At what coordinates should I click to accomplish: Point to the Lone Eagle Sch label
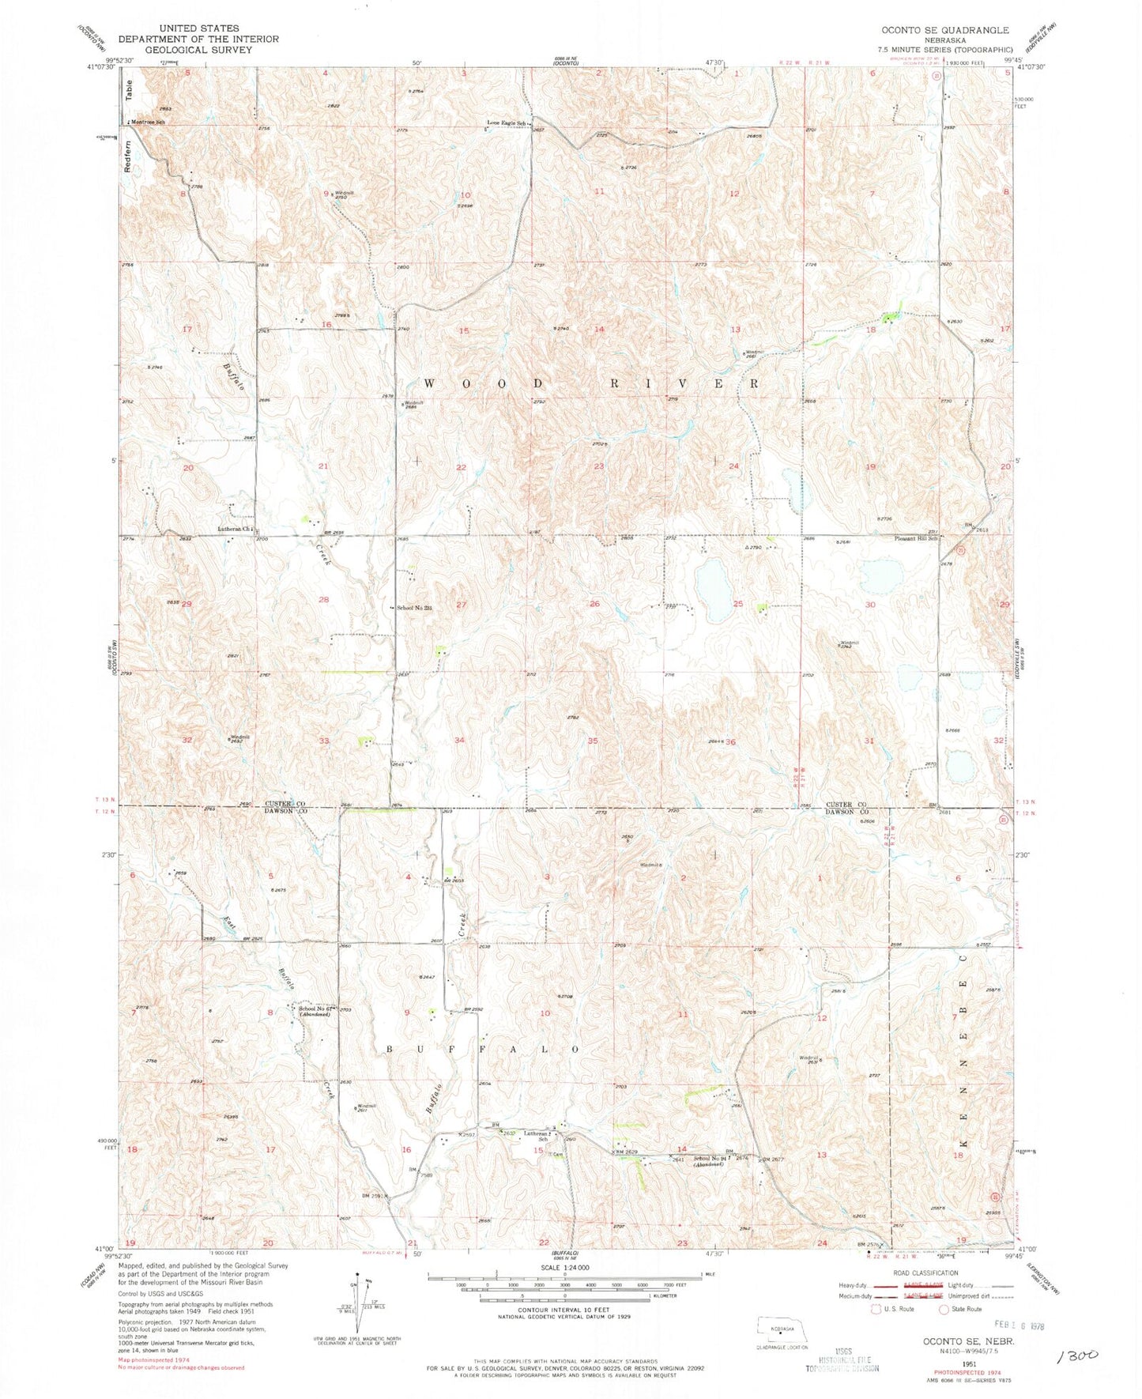point(506,123)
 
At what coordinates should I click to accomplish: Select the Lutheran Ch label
point(234,530)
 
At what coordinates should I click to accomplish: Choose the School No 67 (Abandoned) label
point(316,1011)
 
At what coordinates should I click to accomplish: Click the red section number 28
point(323,600)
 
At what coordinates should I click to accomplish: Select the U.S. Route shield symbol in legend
point(875,1309)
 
